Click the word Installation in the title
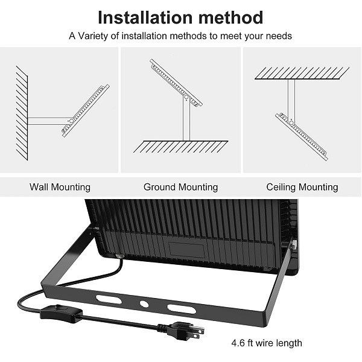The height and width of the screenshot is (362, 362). coord(145,17)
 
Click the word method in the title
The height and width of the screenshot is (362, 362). coord(231,17)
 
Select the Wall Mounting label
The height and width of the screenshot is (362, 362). coord(60,187)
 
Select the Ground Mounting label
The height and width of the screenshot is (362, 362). coord(180,187)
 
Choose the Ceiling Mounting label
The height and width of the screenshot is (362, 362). coord(302,187)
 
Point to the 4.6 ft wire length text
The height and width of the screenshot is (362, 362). coord(267,343)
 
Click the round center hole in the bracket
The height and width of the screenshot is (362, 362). coord(144,304)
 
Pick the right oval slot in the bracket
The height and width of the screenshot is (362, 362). coord(182,309)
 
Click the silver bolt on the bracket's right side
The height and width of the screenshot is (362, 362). coord(294,244)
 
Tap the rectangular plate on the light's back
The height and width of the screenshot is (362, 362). coord(186,250)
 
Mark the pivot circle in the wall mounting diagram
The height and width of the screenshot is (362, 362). coord(71,121)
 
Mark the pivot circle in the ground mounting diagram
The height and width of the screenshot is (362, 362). coord(186,97)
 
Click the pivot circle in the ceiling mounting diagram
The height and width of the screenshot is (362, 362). coord(291,122)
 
